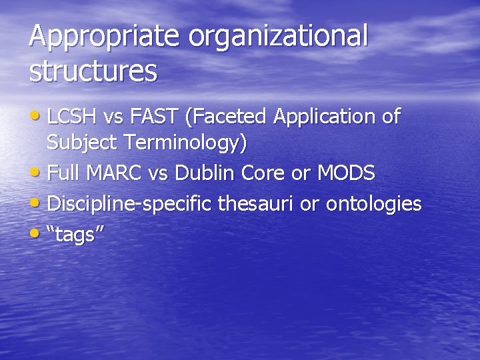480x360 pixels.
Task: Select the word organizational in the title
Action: [x=279, y=37]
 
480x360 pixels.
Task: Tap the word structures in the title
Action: [x=93, y=71]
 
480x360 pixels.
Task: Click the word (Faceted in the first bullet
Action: [x=227, y=117]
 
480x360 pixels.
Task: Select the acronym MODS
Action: [x=345, y=173]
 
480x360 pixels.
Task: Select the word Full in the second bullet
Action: [x=63, y=173]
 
